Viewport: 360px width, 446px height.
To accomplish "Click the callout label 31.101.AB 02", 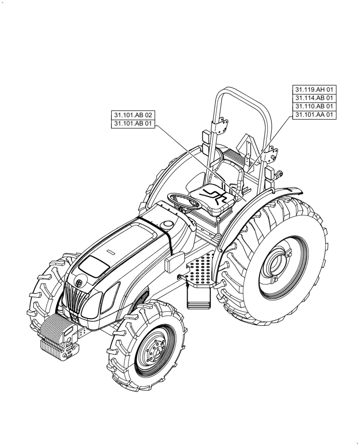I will pos(133,116).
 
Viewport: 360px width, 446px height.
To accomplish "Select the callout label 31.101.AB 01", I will pos(133,124).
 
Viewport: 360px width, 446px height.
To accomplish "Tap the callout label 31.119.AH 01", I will pos(315,89).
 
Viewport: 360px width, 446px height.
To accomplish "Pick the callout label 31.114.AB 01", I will pos(315,98).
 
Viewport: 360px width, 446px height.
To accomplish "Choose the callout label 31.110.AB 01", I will pos(315,106).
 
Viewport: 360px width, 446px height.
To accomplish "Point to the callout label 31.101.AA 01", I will pos(315,115).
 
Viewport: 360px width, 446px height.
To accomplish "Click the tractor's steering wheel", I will pos(184,200).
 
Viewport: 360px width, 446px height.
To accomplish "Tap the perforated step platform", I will pos(200,269).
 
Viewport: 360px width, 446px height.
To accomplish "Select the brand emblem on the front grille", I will pos(78,283).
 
